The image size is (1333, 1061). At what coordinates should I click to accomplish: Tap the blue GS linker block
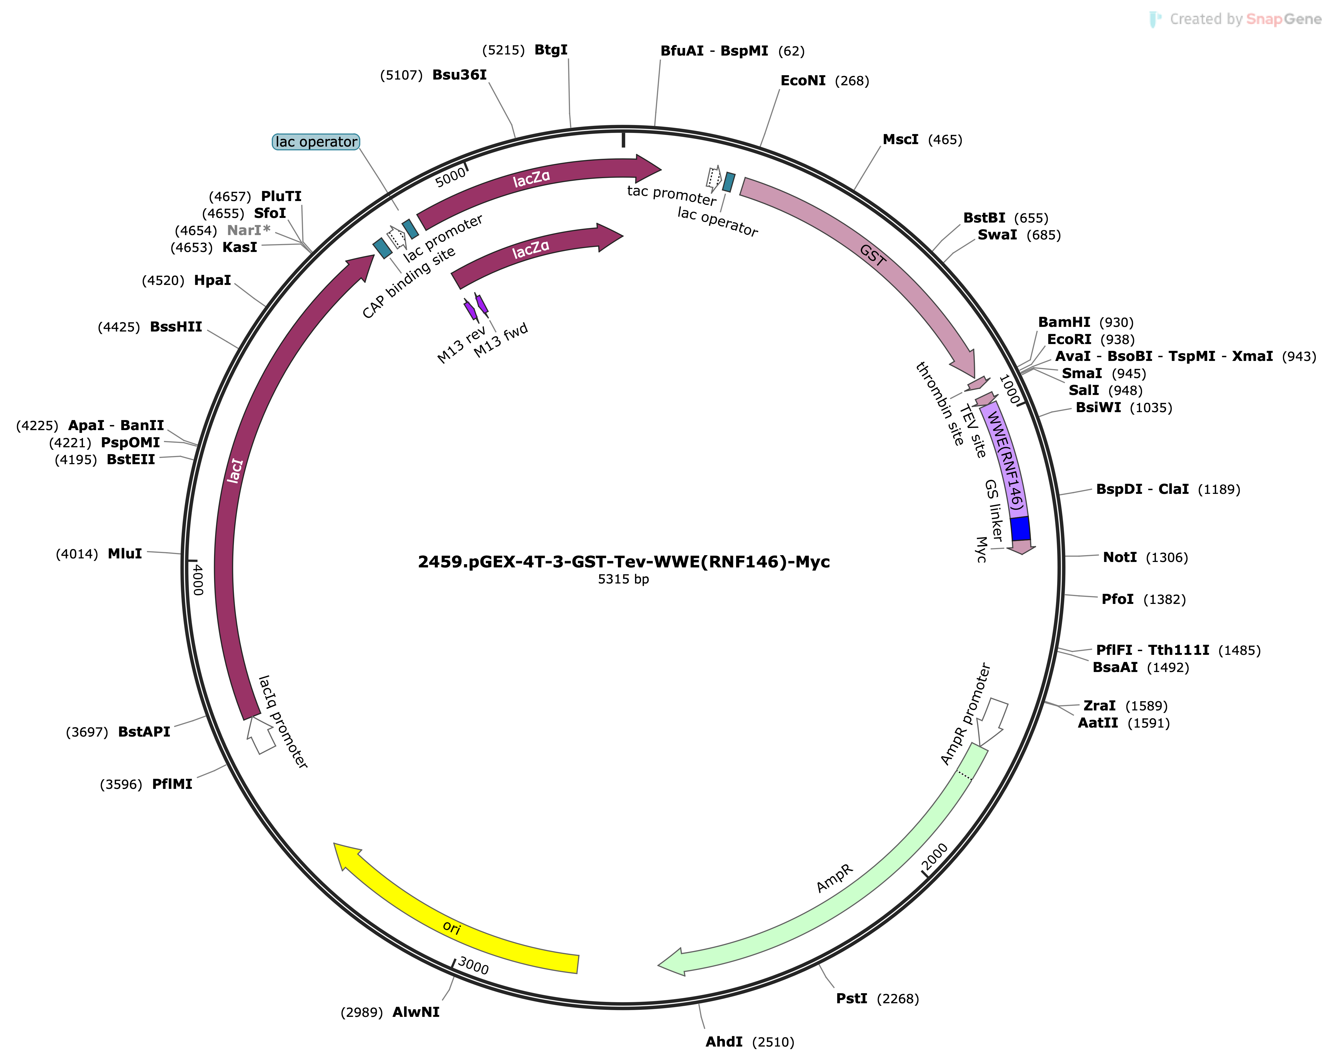tap(1020, 529)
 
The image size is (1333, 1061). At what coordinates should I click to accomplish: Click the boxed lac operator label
tap(316, 142)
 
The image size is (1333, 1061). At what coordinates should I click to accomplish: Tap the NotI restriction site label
tap(1120, 557)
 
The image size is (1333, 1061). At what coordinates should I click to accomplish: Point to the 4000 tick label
tap(197, 579)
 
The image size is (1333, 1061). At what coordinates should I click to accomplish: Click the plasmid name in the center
tap(624, 561)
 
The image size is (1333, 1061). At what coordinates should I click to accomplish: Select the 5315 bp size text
tap(623, 579)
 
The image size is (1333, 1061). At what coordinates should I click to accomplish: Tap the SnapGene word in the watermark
tap(1283, 19)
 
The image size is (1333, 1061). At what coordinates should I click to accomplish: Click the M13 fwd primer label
tap(501, 340)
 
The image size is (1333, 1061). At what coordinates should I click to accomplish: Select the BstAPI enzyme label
tap(144, 731)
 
